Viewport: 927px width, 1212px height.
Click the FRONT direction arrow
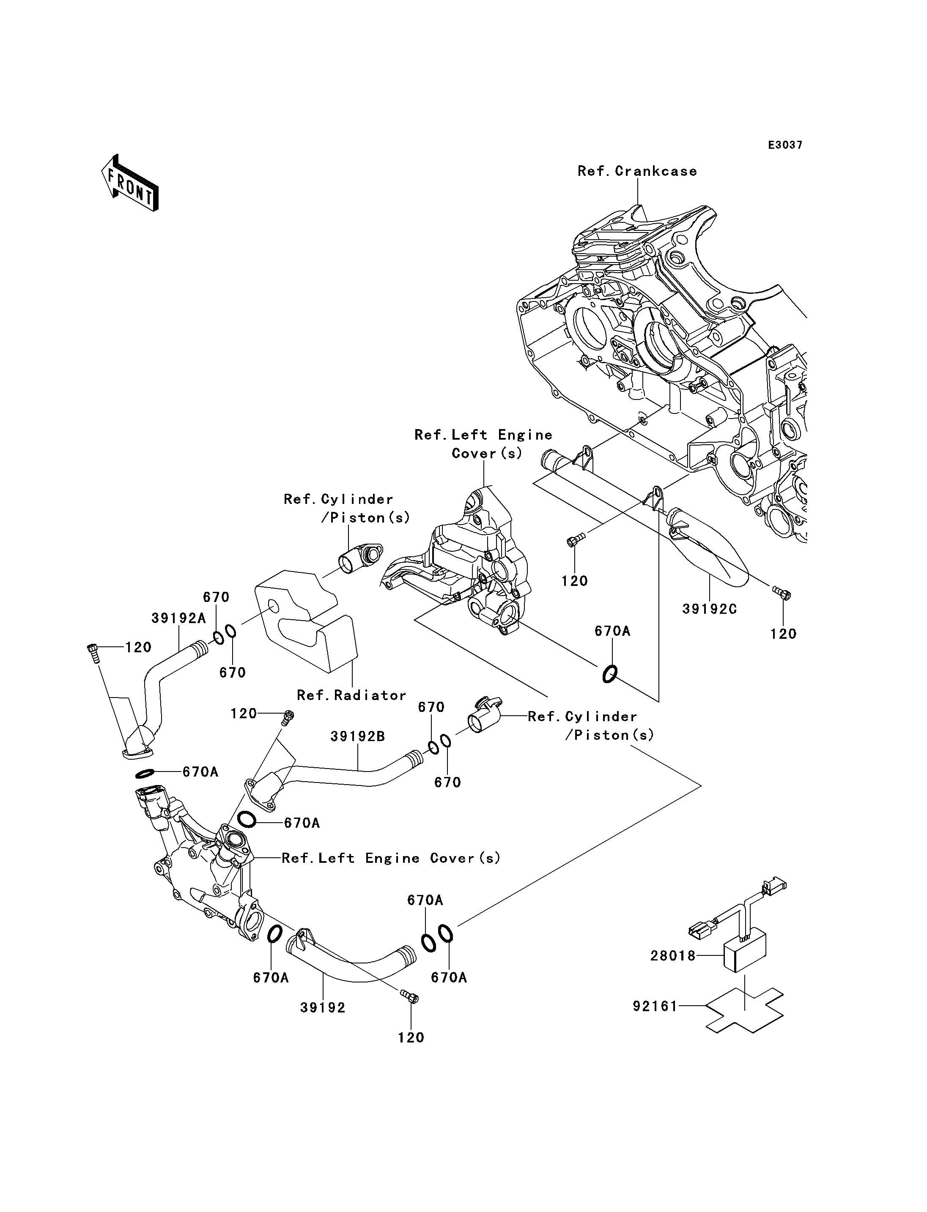click(x=130, y=183)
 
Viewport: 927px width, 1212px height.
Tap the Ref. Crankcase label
click(x=637, y=172)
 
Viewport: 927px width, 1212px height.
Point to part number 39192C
click(x=710, y=609)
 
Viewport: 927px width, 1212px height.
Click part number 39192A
click(x=178, y=618)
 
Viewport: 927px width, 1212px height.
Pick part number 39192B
click(x=357, y=736)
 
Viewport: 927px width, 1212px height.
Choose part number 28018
click(x=673, y=956)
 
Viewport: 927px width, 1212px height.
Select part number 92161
click(x=655, y=1006)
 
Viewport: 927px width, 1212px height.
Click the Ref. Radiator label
click(x=351, y=695)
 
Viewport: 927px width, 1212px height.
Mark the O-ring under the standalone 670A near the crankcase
click(x=609, y=673)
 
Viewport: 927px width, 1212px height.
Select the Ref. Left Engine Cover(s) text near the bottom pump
click(x=391, y=858)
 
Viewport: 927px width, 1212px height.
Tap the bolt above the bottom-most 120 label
click(x=411, y=997)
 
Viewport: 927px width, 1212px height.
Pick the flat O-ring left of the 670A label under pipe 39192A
click(x=145, y=774)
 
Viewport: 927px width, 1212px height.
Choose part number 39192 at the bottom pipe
click(x=323, y=1007)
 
